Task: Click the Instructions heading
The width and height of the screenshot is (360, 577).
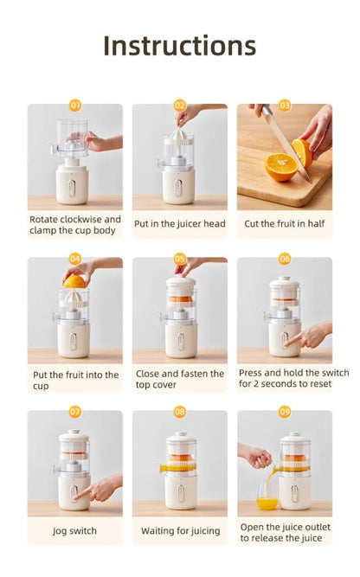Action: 179,46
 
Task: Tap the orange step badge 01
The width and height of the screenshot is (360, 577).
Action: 75,106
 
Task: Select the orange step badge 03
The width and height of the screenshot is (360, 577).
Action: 285,106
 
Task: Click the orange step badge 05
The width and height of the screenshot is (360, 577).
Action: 180,259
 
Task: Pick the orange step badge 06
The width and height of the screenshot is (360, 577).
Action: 285,259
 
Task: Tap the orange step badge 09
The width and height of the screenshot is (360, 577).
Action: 285,412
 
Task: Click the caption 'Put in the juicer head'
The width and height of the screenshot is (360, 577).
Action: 180,223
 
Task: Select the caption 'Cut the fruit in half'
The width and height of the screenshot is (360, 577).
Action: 285,223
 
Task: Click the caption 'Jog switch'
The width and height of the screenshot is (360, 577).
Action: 75,530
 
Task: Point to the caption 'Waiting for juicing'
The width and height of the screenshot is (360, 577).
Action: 180,530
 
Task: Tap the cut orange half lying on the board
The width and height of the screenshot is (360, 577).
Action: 280,167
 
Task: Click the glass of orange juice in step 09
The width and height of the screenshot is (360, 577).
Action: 267,497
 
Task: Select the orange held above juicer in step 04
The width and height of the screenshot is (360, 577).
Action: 74,281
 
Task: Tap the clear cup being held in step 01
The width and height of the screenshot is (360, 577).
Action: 74,136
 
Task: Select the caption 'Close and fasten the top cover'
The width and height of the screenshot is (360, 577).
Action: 180,378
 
